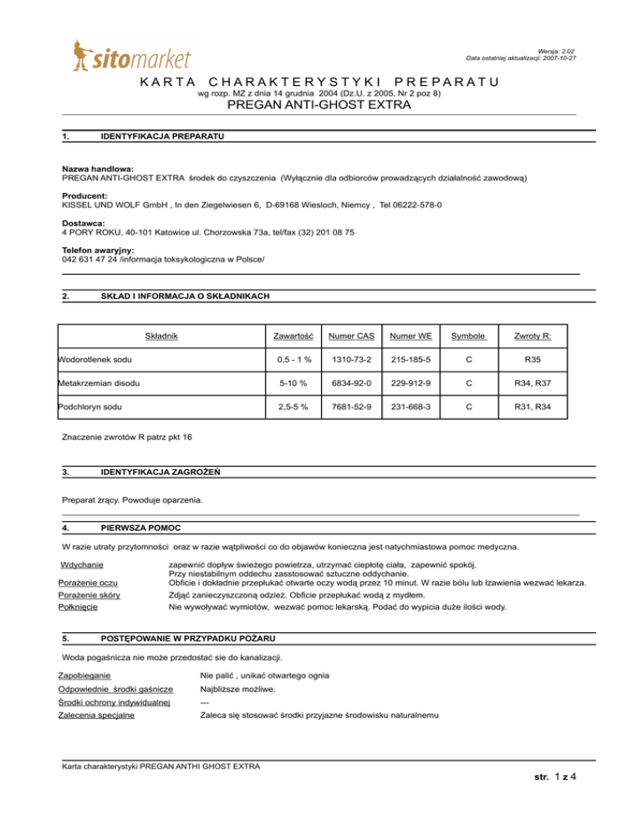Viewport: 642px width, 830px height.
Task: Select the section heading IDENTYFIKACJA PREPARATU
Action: tap(160, 136)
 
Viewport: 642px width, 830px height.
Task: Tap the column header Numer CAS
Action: tap(352, 336)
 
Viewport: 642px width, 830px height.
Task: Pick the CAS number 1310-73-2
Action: tap(352, 359)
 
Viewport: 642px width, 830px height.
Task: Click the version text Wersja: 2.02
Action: tap(558, 51)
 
